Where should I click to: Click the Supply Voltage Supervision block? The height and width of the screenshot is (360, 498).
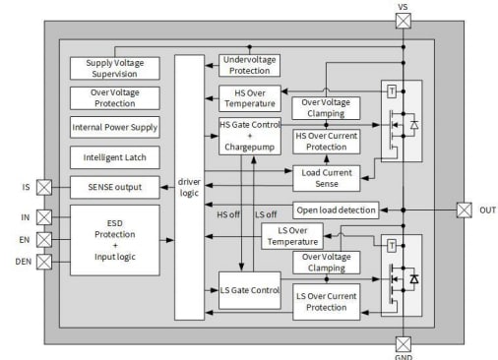coord(115,68)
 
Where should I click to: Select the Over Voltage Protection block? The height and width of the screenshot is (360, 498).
coord(115,97)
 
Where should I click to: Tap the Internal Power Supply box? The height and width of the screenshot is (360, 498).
coord(115,127)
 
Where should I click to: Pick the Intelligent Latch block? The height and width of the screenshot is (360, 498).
coord(115,156)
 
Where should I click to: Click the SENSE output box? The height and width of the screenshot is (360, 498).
coord(115,186)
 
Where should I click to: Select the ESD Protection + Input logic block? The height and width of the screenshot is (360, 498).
coord(115,240)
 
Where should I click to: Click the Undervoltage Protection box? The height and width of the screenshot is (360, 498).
coord(250,65)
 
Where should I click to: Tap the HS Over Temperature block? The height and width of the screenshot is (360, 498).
coord(250,97)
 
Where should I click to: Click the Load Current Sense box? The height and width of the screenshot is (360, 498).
coord(327,178)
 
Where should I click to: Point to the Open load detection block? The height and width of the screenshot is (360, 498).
coord(335,210)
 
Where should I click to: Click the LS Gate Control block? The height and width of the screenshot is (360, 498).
coord(250,290)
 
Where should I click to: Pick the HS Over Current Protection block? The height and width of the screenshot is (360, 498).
coord(327,142)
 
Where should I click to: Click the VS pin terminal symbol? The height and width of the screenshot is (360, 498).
coord(403,19)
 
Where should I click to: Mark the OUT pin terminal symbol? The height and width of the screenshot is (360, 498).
coord(464,210)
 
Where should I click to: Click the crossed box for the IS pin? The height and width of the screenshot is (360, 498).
coord(45,186)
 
